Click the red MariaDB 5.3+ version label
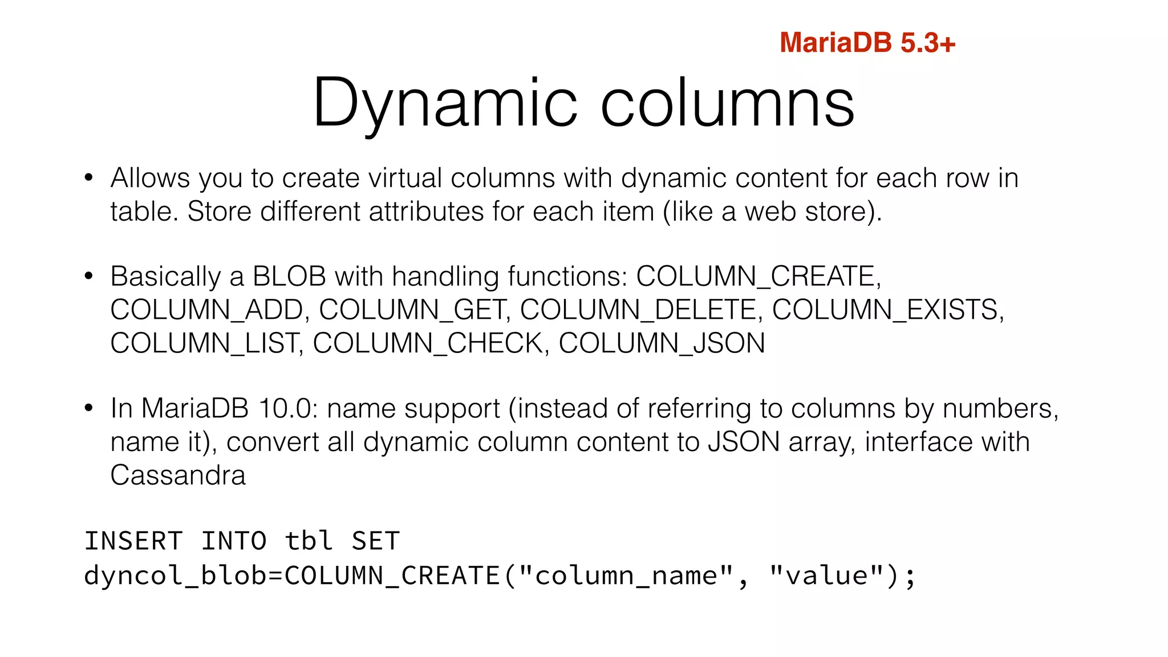(867, 43)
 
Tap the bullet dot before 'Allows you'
(88, 178)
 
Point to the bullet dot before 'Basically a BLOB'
(88, 277)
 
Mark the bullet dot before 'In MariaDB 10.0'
(88, 408)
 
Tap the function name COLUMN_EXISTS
(886, 310)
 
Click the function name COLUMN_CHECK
(429, 343)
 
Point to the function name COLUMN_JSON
(662, 343)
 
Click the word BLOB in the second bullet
(289, 277)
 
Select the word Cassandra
(178, 475)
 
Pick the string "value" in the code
(826, 575)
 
